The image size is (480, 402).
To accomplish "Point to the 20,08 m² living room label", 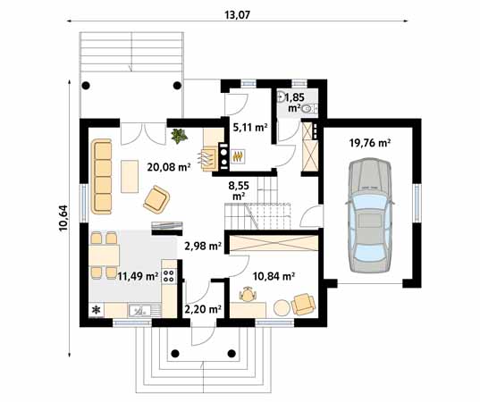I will tap(169, 166).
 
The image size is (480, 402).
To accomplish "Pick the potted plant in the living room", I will tap(180, 137).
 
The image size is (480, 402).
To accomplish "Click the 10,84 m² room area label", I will tap(274, 277).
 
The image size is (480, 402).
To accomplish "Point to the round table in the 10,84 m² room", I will tap(282, 306).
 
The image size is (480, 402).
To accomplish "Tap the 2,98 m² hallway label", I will tap(201, 246).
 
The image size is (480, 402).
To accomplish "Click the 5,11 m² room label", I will tap(250, 128).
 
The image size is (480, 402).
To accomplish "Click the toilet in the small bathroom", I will tap(308, 108).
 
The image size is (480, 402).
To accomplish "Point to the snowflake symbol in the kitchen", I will tap(97, 311).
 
